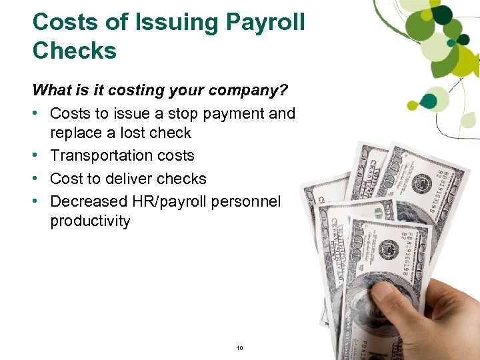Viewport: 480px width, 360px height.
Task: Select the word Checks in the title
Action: click(74, 51)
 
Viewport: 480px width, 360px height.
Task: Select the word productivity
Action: click(90, 221)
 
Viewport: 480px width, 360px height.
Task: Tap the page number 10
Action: click(240, 348)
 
